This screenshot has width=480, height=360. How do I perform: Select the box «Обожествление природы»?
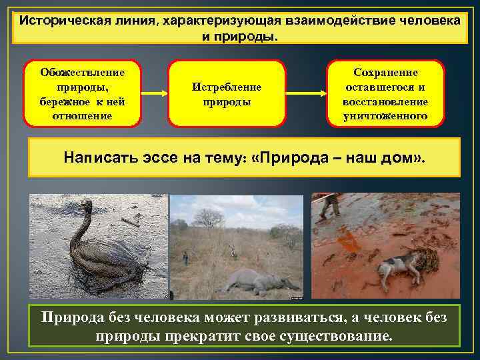coord(82,93)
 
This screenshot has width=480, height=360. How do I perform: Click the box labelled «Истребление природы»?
coord(226,94)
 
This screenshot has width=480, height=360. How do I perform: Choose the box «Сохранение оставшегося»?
coord(385,94)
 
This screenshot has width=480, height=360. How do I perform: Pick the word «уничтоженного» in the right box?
coord(386,117)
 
